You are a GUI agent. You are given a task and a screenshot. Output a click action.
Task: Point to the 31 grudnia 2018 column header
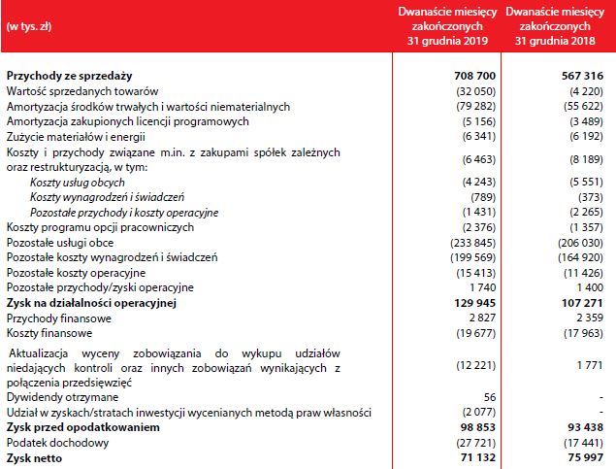click(556, 27)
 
